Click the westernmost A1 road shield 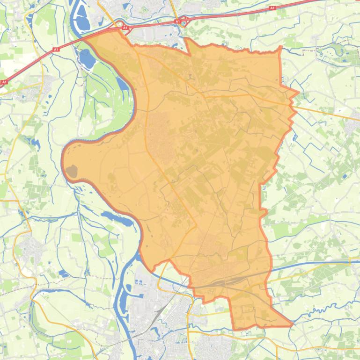pyautogui.click(x=4, y=82)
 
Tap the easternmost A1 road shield pyautogui.click(x=272, y=8)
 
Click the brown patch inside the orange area pyautogui.click(x=72, y=172)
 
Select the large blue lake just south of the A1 pyautogui.click(x=87, y=58)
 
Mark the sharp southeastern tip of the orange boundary pyautogui.click(x=293, y=324)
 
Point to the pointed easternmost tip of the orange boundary pyautogui.click(x=298, y=93)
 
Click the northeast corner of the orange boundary pyautogui.click(x=280, y=48)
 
